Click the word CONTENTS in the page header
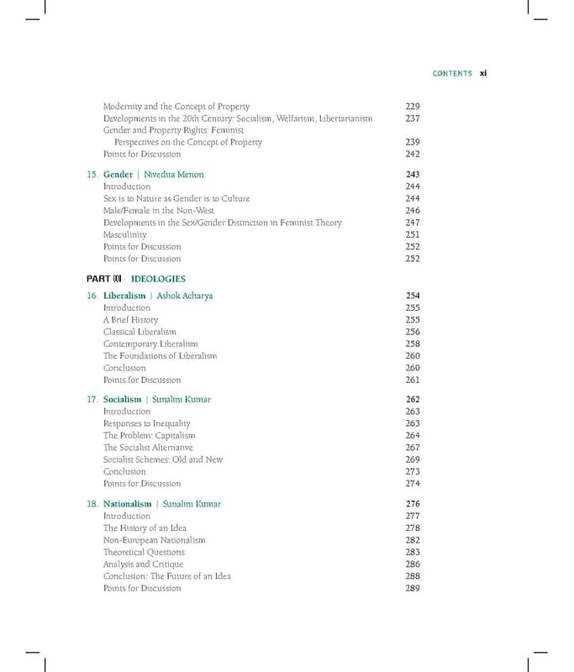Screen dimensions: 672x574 click(452, 74)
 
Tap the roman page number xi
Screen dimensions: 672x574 click(483, 74)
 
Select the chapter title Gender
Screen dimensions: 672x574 click(118, 175)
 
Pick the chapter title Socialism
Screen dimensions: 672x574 click(122, 400)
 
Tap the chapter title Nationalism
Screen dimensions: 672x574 click(127, 504)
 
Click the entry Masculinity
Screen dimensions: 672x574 click(124, 235)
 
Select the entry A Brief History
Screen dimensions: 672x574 click(130, 320)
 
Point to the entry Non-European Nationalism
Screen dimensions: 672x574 click(154, 540)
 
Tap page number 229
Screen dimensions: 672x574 click(412, 107)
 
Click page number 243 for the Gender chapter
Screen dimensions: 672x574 click(412, 175)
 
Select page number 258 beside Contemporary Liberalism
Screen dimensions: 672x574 click(412, 344)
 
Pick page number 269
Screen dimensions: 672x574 click(412, 460)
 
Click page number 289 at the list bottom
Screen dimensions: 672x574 click(412, 588)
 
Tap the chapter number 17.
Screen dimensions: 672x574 click(92, 400)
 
